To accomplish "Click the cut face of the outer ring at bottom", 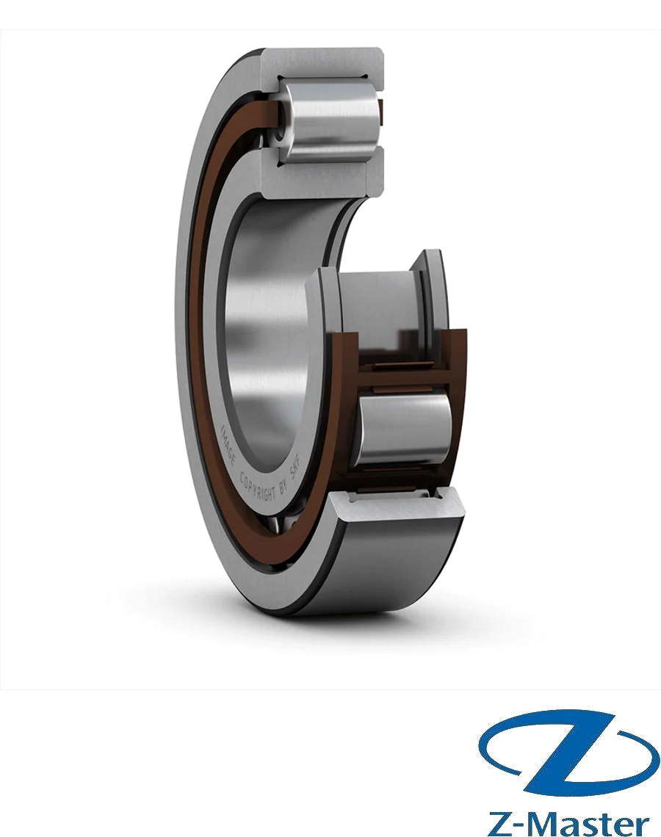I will coord(397,507).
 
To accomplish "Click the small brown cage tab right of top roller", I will coord(380,110).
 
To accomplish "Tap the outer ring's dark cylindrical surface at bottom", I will coord(382,565).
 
